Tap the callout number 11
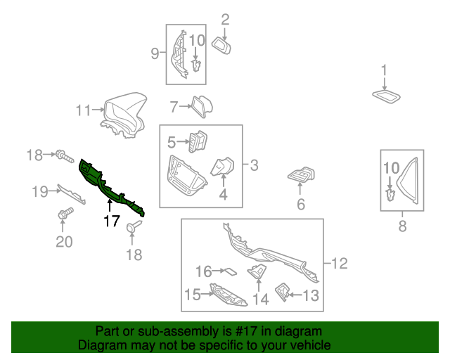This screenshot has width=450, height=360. tap(84, 110)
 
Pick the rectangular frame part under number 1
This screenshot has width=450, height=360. tap(385, 96)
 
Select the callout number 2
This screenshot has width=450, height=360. tap(226, 19)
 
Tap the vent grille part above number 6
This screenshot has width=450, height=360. tap(301, 176)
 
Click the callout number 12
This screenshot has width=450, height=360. tap(340, 264)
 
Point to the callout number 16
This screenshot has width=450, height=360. tap(202, 271)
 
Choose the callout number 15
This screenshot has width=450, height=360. tap(192, 295)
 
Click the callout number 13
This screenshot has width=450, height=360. tap(311, 295)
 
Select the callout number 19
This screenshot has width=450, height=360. tap(39, 191)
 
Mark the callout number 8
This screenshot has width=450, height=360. tap(402, 226)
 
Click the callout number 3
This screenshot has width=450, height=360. tap(254, 166)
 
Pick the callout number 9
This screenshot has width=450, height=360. tap(155, 53)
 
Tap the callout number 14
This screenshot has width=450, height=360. tap(261, 299)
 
